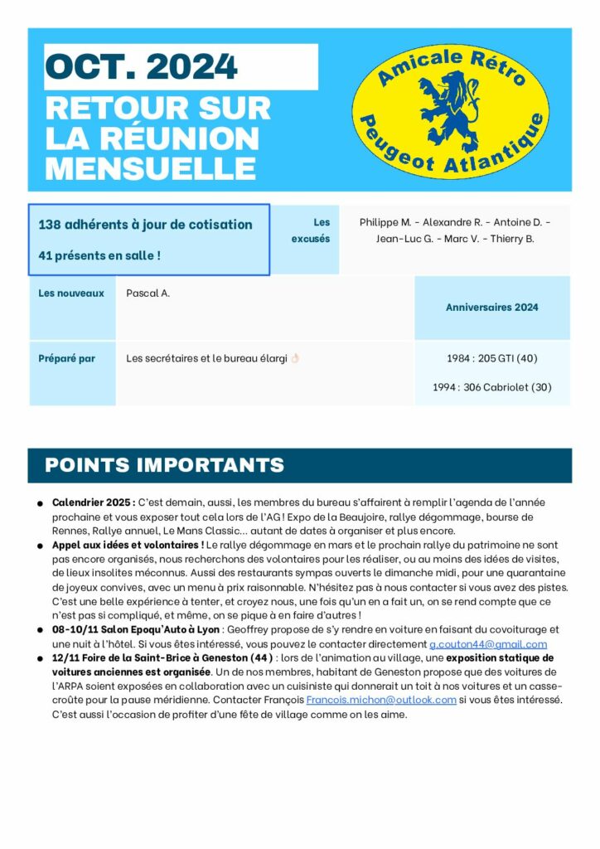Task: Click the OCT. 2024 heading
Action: tap(141, 65)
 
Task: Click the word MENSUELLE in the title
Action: tap(150, 167)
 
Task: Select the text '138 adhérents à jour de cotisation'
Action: tap(146, 225)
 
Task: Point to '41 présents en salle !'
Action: tap(99, 255)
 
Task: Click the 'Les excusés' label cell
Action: tap(311, 230)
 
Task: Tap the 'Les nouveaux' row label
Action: tap(71, 293)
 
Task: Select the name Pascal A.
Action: tap(148, 293)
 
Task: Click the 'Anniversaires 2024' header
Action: tap(491, 307)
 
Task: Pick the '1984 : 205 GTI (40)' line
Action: tap(491, 358)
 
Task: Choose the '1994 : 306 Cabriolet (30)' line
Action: tap(491, 386)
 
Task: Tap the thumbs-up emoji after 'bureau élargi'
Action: tap(294, 359)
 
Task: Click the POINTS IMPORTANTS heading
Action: tap(164, 465)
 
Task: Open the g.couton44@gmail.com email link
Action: tap(488, 644)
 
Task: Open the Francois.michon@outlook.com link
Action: tap(381, 700)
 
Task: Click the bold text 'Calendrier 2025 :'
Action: tap(93, 503)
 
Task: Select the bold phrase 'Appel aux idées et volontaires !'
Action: tap(128, 545)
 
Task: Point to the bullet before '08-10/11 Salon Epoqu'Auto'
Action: tap(40, 631)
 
